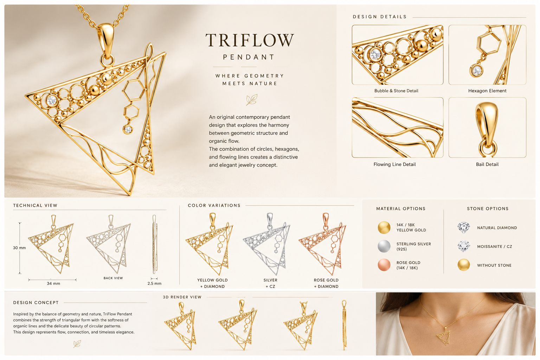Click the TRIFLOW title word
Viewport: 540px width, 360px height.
(x=250, y=40)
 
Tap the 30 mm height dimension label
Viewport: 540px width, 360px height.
(x=19, y=247)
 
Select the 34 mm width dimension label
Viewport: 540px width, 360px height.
(x=53, y=283)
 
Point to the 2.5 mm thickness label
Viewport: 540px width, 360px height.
(x=154, y=283)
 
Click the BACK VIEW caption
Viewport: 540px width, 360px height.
(x=113, y=278)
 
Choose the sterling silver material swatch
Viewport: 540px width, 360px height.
(x=384, y=246)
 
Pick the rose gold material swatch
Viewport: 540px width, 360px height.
(x=384, y=265)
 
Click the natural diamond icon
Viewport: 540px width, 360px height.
(x=464, y=227)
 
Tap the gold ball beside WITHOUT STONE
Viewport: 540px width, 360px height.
(x=464, y=265)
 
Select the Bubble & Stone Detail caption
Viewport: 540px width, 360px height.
(x=396, y=91)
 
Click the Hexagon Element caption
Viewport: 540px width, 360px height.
(x=487, y=91)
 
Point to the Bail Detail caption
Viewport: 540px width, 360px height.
(x=487, y=164)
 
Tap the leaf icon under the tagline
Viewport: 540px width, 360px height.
(x=252, y=99)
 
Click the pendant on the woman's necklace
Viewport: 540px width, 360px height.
(x=444, y=336)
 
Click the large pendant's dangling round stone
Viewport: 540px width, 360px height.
(x=128, y=129)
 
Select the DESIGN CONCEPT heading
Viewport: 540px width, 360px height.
(x=36, y=303)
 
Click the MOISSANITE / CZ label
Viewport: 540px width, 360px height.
(x=494, y=246)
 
